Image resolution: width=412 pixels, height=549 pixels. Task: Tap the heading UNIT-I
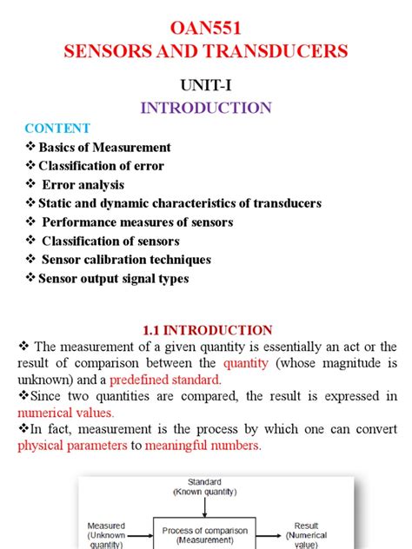pos(205,84)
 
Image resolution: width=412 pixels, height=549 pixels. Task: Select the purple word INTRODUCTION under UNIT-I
pos(205,108)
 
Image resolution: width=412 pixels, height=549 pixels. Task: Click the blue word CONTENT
pos(56,129)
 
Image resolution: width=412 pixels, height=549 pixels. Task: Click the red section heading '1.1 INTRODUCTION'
pos(206,330)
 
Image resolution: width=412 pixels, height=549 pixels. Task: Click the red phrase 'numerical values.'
pos(66,413)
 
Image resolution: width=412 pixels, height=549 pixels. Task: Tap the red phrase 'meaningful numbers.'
pos(203,446)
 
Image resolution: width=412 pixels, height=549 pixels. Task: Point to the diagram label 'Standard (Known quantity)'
pos(205,486)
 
